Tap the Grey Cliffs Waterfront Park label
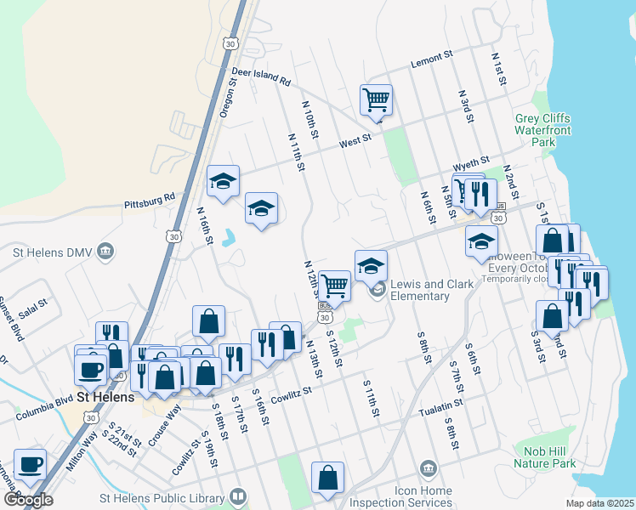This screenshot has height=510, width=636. click(542, 130)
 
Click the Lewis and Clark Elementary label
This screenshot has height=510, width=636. click(419, 290)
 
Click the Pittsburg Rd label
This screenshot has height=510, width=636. click(149, 201)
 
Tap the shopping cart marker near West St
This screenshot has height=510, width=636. click(375, 100)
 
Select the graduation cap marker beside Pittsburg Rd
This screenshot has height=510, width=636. click(223, 181)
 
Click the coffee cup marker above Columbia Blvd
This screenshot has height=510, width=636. click(90, 369)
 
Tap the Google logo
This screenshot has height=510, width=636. click(28, 498)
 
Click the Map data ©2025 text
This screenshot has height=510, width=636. click(599, 503)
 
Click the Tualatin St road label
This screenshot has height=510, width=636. click(440, 411)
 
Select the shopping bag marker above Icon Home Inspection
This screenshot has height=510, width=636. click(327, 478)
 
